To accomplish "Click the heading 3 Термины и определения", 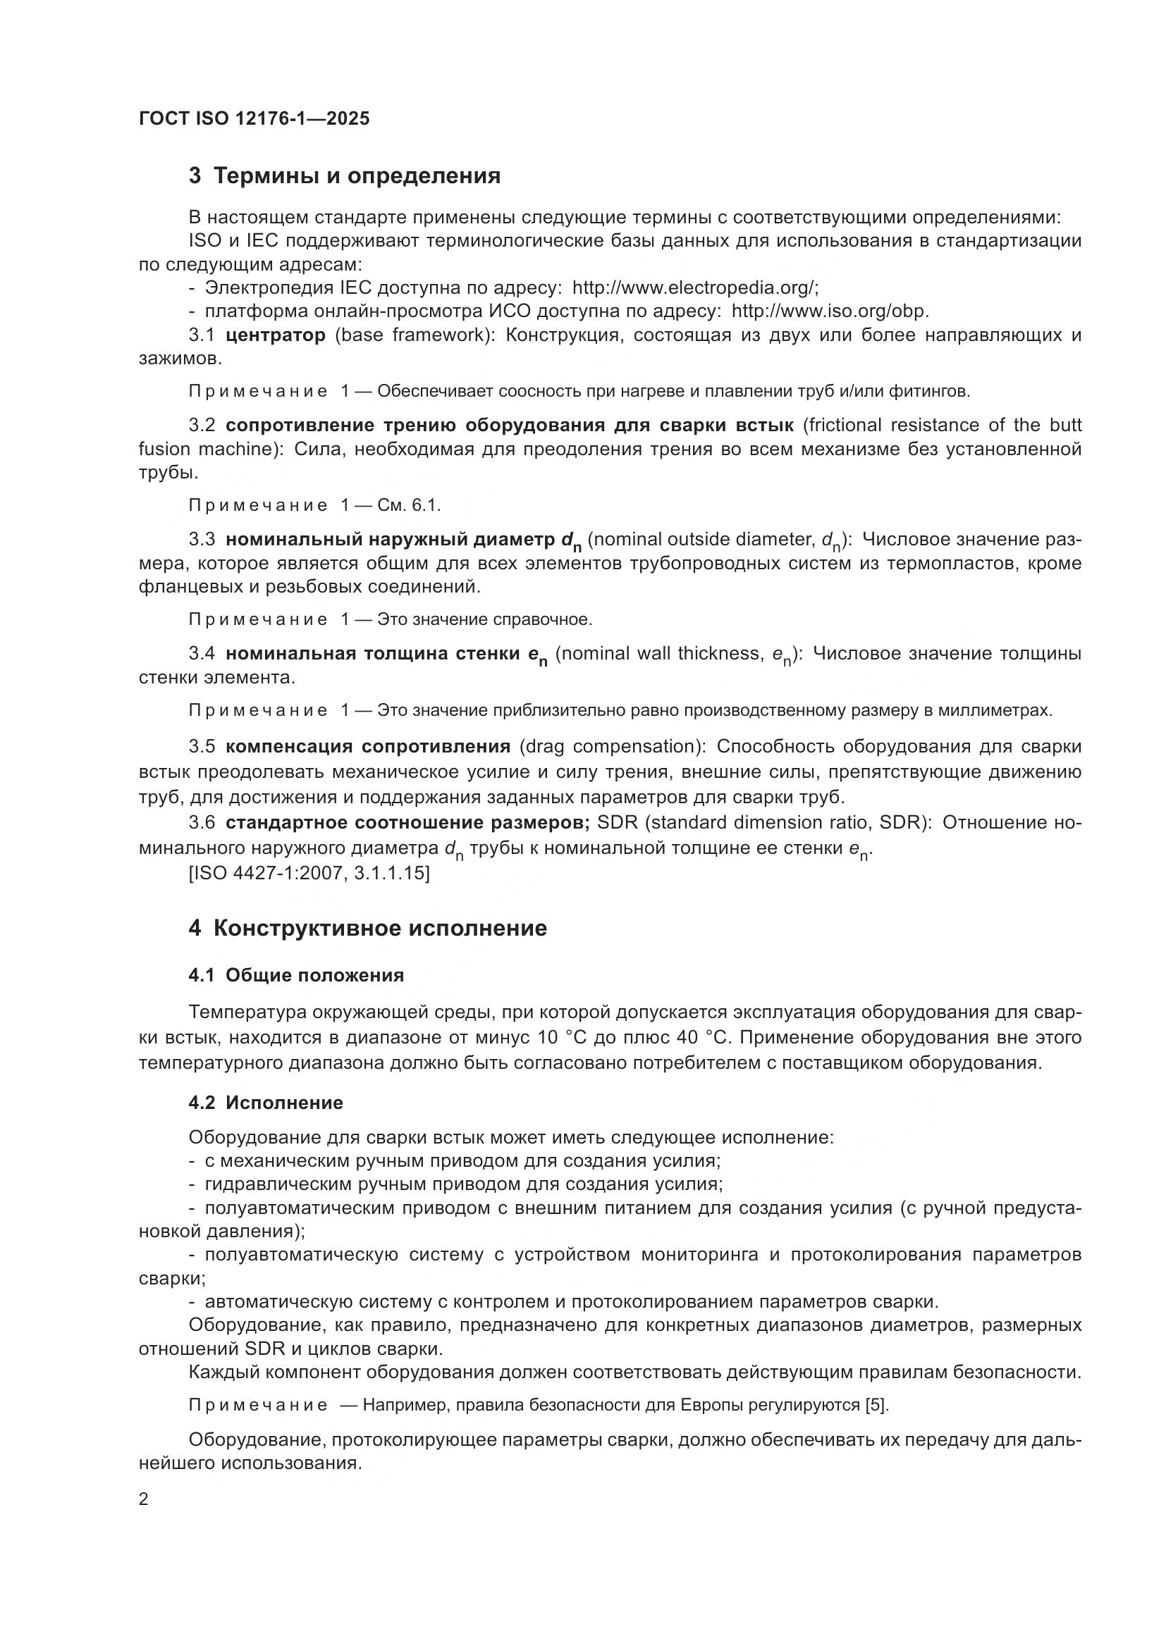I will coord(345,176).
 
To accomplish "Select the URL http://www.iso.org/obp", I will coord(829,311).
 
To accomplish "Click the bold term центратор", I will coord(275,335).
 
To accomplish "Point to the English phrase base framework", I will coord(412,335).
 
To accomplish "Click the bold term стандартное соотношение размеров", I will coord(407,822).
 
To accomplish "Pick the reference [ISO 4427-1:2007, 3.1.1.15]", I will coord(309,874).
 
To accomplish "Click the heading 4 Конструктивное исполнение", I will coord(367,928).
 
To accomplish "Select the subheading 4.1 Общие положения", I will coord(296,975).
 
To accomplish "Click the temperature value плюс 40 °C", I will coord(657,1038).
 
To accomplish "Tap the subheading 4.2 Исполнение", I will coord(266,1103).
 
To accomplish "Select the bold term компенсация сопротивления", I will coord(367,747).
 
